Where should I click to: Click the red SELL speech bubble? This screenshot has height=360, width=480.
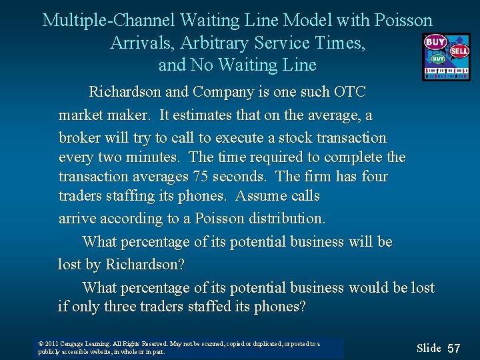click(x=459, y=51)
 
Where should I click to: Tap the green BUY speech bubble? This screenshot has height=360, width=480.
click(x=437, y=59)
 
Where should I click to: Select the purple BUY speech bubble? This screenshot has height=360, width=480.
click(x=435, y=42)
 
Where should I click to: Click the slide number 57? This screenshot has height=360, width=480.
click(x=454, y=348)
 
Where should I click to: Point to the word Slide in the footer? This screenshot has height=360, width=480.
click(x=429, y=348)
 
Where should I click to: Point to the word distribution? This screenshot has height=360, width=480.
click(x=287, y=219)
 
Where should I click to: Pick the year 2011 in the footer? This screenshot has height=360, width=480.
click(x=52, y=344)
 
